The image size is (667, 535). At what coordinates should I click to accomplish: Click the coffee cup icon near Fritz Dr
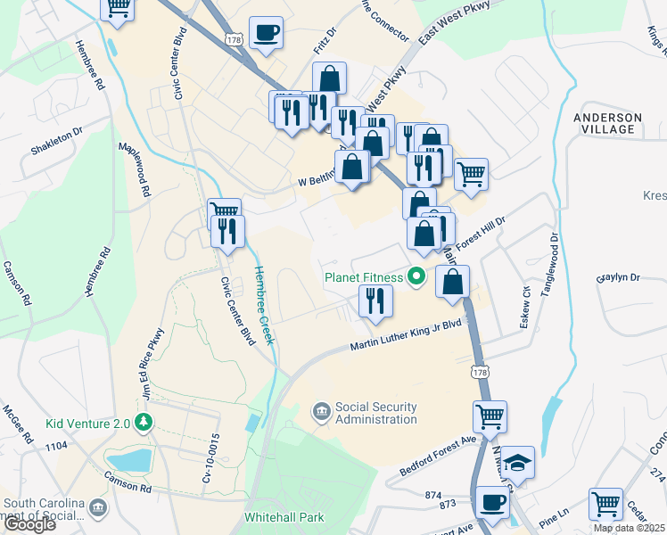[x=266, y=34]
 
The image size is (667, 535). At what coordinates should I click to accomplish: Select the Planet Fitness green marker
[x=416, y=277]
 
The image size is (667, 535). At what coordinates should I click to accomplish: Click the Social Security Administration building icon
[x=319, y=412]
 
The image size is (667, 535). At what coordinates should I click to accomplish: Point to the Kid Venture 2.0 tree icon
[x=142, y=423]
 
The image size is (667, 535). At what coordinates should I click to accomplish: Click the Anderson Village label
[x=607, y=123]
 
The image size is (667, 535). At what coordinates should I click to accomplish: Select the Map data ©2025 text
[x=629, y=528]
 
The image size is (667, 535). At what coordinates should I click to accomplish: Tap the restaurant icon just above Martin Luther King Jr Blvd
[x=375, y=300]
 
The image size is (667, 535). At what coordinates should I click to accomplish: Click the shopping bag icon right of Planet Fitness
[x=453, y=283]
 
